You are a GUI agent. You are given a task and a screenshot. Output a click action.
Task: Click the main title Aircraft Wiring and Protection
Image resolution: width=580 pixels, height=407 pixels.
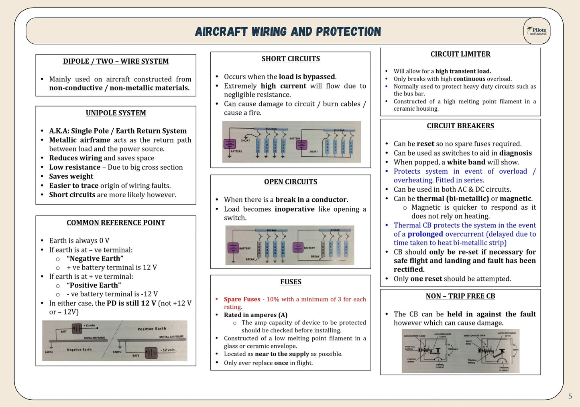tap(288, 32)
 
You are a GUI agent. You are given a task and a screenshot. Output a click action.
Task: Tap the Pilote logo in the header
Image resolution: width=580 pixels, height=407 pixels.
tap(537, 31)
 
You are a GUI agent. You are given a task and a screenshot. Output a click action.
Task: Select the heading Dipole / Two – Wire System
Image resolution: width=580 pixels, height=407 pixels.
tap(116, 61)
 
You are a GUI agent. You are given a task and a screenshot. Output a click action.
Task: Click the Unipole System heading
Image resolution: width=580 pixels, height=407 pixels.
tap(116, 113)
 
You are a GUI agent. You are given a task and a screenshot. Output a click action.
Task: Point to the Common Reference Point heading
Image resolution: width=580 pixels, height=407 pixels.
tap(116, 223)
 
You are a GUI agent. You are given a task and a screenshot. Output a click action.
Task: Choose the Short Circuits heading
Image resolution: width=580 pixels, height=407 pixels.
tap(291, 59)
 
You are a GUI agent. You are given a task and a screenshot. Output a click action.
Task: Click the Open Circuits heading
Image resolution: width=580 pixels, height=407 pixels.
tap(291, 182)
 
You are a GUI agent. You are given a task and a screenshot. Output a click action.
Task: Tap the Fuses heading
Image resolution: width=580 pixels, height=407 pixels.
tap(291, 282)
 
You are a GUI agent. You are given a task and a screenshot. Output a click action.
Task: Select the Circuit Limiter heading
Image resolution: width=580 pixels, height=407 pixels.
tap(460, 54)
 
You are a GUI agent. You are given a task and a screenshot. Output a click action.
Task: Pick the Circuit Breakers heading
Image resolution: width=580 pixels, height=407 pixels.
tap(460, 126)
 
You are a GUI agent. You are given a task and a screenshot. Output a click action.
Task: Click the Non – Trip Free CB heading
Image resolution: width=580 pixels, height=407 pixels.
tap(460, 296)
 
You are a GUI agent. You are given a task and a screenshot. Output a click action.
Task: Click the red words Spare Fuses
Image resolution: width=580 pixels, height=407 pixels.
tap(242, 299)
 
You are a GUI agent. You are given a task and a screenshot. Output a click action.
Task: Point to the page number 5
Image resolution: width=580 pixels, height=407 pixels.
tap(570, 397)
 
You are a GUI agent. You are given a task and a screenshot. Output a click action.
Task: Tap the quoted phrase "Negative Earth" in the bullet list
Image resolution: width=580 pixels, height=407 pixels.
tap(95, 259)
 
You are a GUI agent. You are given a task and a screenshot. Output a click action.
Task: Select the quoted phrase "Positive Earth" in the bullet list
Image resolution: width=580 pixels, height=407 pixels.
tap(94, 286)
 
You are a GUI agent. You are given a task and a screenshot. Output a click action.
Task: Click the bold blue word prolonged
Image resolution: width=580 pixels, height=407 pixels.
tap(425, 234)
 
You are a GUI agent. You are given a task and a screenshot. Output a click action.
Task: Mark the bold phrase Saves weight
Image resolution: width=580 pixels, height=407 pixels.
tap(71, 176)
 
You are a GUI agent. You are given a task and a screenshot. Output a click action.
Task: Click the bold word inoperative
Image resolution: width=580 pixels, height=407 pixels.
tap(295, 209)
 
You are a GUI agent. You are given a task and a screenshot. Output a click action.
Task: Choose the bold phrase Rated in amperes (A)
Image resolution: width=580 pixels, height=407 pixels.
tap(256, 315)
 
